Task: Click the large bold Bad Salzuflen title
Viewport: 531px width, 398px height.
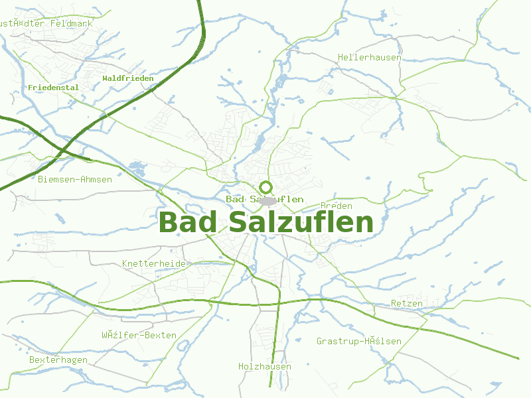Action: coord(266,222)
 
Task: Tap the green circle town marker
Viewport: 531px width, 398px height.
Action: coord(266,187)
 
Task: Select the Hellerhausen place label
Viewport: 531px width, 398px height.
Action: coord(369,58)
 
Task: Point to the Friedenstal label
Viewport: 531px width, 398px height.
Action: coord(54,87)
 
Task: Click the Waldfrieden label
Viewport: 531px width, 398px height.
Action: coord(128,78)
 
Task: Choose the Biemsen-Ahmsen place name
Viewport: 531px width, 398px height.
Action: coord(75,179)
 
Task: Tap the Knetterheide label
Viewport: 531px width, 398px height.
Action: coord(154,263)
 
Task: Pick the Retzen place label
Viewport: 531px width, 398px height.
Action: coord(407,304)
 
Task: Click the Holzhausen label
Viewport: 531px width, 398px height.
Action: coord(265,366)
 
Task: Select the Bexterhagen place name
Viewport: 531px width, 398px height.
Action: coord(58,360)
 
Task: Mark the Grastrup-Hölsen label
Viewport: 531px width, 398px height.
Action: coord(358,342)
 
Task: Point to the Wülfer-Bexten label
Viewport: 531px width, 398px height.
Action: coord(139,335)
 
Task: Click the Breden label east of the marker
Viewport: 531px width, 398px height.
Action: coord(337,206)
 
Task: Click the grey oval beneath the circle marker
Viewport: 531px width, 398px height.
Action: coord(267,200)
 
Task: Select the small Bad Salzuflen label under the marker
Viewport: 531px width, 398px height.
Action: coord(265,199)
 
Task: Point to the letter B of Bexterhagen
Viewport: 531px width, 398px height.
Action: coord(33,360)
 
